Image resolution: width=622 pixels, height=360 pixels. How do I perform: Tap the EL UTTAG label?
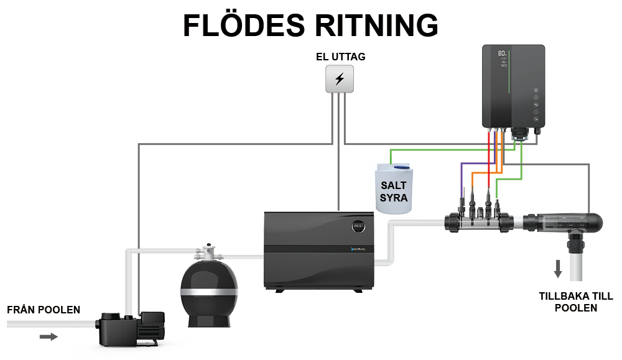pos(340,57)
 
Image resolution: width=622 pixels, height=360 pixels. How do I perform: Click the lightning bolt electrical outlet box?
pos(340,80)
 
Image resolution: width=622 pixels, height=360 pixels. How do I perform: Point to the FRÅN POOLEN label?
pos(44,310)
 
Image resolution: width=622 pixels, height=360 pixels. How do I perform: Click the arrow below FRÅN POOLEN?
pos(49,337)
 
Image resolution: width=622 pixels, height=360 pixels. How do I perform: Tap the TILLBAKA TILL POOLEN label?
pos(567,302)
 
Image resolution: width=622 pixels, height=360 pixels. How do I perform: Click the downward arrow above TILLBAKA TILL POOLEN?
pos(558,269)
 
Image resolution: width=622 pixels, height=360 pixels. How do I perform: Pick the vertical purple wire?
pos(461,180)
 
